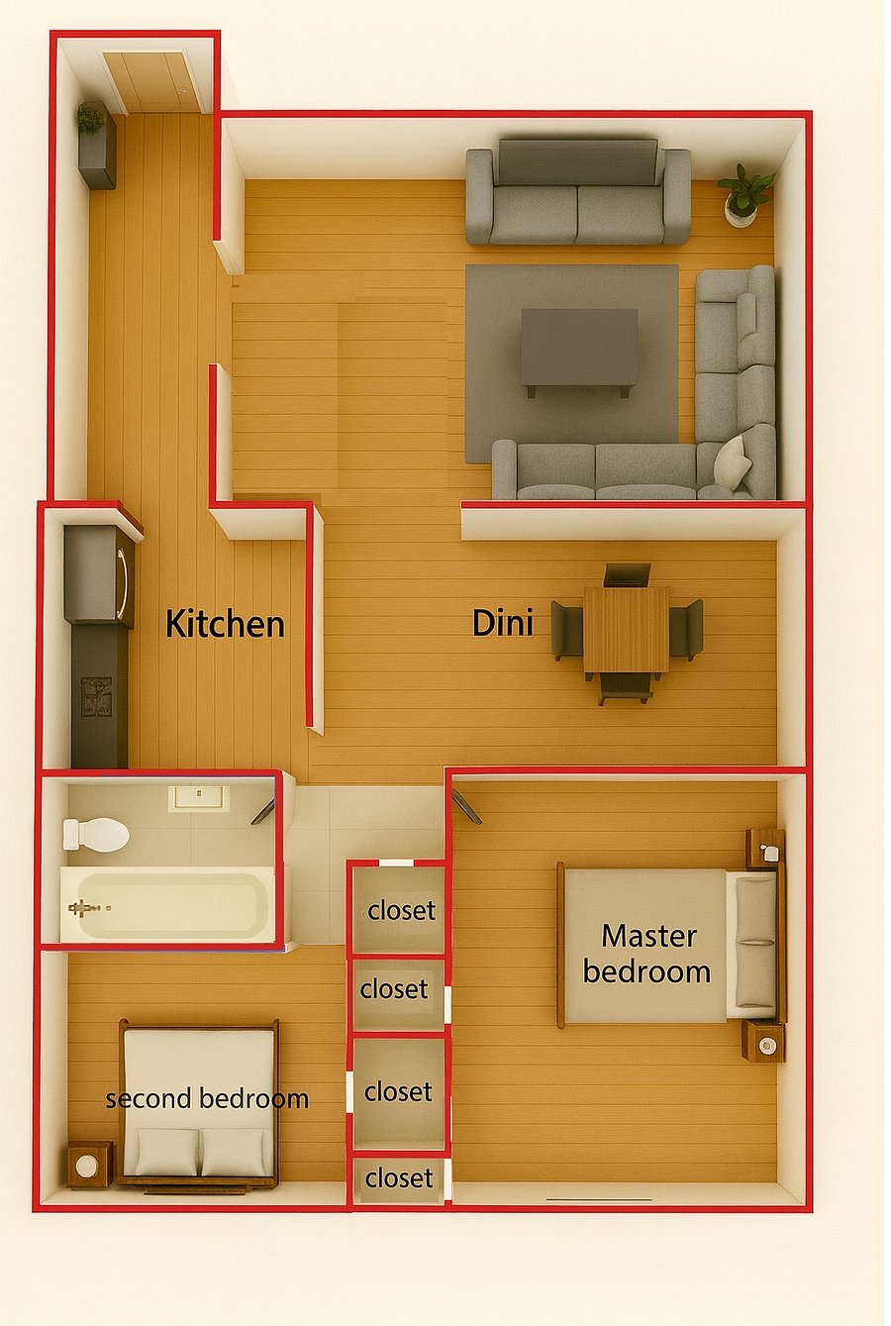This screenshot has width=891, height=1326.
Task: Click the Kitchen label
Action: tap(226, 625)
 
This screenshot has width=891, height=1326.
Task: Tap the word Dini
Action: tap(503, 623)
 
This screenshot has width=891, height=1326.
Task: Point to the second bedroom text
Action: tap(207, 1098)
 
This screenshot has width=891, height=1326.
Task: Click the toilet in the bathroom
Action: tap(96, 835)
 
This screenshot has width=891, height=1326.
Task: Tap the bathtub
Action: tap(167, 904)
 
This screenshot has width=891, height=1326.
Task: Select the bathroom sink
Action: tap(199, 798)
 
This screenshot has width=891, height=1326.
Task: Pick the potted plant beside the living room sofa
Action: tap(745, 194)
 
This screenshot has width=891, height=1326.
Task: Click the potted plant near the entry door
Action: tap(90, 117)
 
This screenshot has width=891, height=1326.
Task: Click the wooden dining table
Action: tap(627, 630)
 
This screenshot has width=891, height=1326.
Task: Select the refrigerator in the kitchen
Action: tap(99, 573)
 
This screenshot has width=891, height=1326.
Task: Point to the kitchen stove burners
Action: tap(96, 697)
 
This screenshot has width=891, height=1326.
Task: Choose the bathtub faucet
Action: tap(82, 907)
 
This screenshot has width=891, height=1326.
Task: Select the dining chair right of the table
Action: tap(686, 630)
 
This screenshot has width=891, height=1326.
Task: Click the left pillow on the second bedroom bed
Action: tap(167, 1152)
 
